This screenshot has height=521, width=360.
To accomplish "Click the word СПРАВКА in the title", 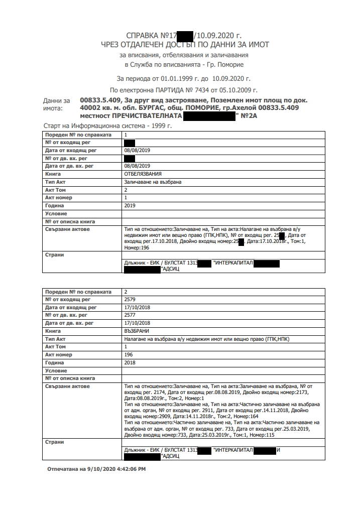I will [143, 36].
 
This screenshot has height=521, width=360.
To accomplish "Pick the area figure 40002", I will [91, 107].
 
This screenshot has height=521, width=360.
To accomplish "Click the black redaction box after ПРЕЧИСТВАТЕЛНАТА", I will [210, 116].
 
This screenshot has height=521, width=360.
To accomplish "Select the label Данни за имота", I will [56, 104].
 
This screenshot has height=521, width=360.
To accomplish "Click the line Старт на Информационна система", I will [108, 126].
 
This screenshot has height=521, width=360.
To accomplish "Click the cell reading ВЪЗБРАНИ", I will [137, 331].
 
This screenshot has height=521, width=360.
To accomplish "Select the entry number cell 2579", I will [130, 300].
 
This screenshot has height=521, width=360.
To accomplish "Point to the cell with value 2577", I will [130, 315].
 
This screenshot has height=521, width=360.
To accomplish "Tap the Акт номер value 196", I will [129, 355].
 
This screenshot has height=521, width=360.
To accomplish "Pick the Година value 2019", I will [130, 205].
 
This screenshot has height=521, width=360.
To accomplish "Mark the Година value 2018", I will [130, 362].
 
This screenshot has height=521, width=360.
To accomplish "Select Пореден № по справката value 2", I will [126, 292].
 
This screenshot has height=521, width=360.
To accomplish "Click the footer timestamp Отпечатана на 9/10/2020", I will [96, 469].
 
